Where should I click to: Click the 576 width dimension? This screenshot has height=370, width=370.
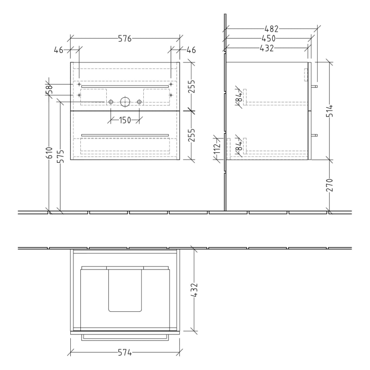124,39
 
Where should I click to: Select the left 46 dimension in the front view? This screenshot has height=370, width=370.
59,50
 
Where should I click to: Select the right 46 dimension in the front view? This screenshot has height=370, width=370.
191,50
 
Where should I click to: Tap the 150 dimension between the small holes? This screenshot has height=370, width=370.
124,120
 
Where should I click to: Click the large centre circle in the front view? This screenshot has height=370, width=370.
125,101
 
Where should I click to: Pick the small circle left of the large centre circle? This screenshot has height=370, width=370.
110,101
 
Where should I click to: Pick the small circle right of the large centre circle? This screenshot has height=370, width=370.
139,101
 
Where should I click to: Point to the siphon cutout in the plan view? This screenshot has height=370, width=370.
125,289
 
